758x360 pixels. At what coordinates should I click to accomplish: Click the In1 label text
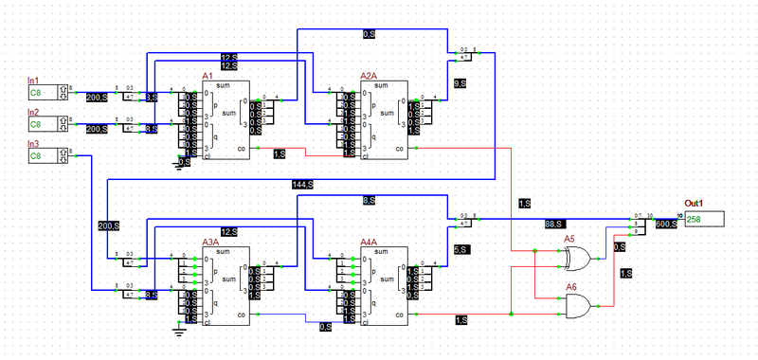pyautogui.click(x=34, y=81)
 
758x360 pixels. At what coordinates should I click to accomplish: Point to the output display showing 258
pyautogui.click(x=704, y=220)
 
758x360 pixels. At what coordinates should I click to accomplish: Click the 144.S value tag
pyautogui.click(x=302, y=184)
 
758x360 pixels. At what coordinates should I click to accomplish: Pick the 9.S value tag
pyautogui.click(x=460, y=84)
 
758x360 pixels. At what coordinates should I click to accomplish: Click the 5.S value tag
pyautogui.click(x=460, y=249)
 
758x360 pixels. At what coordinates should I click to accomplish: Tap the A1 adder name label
pyautogui.click(x=208, y=76)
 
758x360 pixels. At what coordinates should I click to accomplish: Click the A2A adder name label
pyautogui.click(x=369, y=76)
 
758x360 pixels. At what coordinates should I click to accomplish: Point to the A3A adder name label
pyautogui.click(x=209, y=242)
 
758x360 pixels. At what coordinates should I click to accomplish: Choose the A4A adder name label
pyautogui.click(x=369, y=242)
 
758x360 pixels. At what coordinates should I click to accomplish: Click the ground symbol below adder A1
pyautogui.click(x=177, y=166)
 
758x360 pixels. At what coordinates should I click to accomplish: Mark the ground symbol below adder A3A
pyautogui.click(x=177, y=331)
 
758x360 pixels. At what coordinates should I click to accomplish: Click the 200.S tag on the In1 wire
pyautogui.click(x=97, y=98)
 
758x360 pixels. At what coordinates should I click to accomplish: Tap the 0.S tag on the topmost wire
pyautogui.click(x=369, y=34)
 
